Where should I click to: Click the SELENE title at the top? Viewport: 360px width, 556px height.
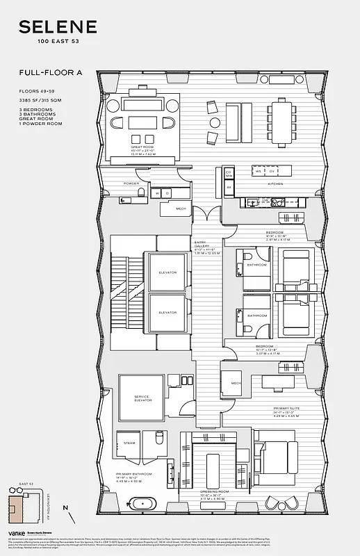[x=58, y=27]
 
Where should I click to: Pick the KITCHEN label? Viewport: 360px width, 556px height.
[x=276, y=184]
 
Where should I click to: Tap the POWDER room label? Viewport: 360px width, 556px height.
[x=131, y=183]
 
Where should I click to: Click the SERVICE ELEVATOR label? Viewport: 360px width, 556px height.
[x=142, y=398]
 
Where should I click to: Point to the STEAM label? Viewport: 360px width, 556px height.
[x=129, y=442]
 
